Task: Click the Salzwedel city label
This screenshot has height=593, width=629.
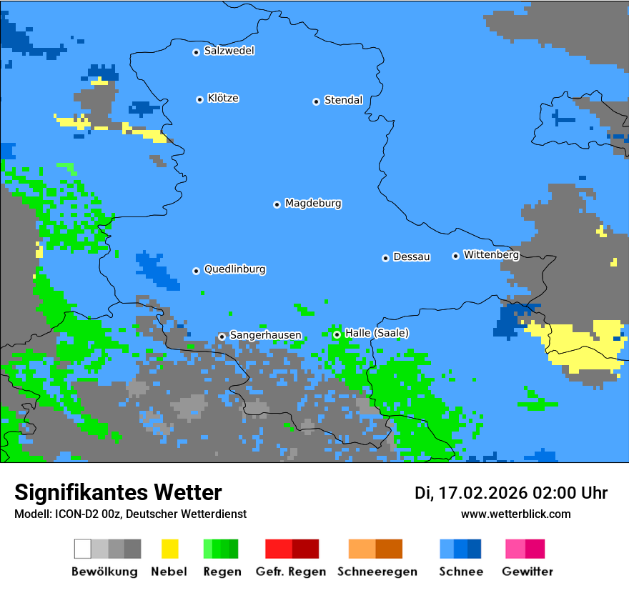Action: click(x=229, y=51)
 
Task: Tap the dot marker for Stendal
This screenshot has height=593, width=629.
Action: click(x=316, y=101)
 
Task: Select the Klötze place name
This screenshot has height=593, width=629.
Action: click(x=223, y=99)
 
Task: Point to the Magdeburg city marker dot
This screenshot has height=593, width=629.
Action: click(x=277, y=204)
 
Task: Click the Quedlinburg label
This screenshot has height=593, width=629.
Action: click(x=234, y=269)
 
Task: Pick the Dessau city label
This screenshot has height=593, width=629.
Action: click(x=412, y=256)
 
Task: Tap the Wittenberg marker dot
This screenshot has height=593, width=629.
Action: click(x=455, y=256)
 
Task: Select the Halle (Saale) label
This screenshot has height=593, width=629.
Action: click(x=377, y=333)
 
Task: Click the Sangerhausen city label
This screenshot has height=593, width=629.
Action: click(x=265, y=335)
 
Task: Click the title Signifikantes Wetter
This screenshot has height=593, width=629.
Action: click(x=118, y=492)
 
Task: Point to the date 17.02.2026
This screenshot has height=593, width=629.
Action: click(x=482, y=493)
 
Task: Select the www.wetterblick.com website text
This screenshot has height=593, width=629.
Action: click(x=515, y=514)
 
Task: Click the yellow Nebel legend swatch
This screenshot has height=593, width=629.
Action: click(x=169, y=549)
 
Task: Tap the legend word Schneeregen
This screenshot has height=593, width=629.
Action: click(x=377, y=572)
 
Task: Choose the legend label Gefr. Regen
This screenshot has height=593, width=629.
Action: click(x=291, y=572)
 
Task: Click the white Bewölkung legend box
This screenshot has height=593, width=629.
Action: click(x=82, y=549)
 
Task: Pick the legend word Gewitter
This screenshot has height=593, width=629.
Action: click(x=528, y=572)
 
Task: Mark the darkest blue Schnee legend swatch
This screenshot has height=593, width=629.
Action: click(x=475, y=549)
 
